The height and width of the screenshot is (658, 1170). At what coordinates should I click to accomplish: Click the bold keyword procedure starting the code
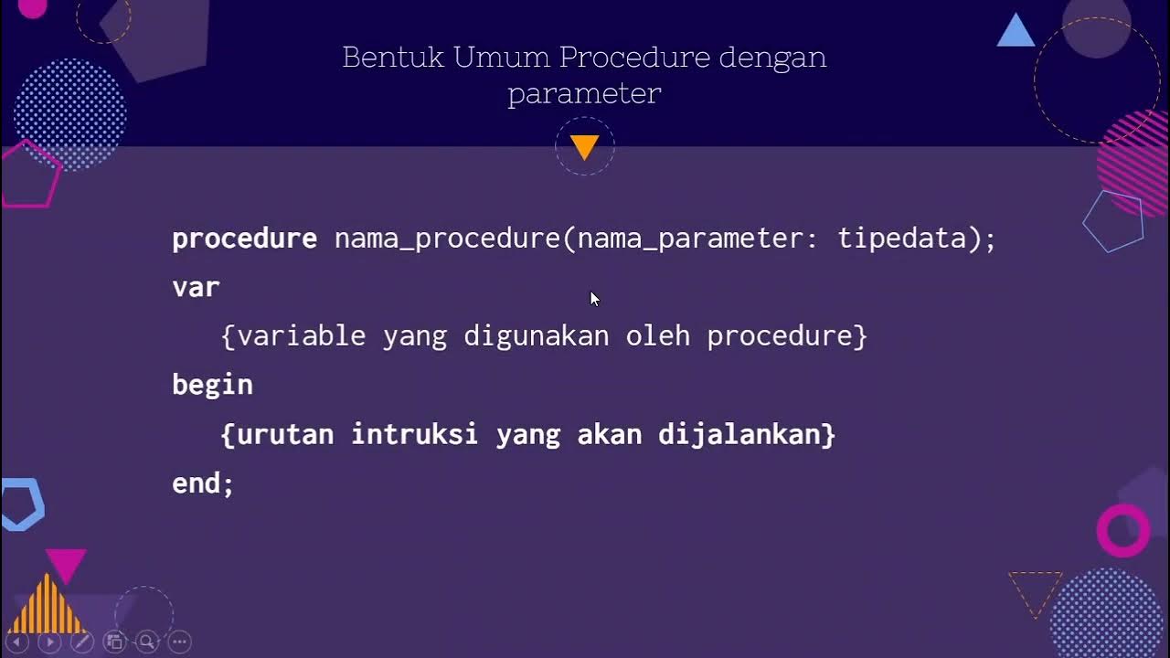coord(244,239)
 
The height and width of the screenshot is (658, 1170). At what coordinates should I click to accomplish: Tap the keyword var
coord(196,288)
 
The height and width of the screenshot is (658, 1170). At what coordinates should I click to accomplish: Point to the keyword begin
coord(212,386)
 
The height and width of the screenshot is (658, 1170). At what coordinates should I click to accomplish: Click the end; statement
coord(203,483)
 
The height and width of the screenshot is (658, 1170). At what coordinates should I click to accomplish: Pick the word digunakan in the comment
coord(536,336)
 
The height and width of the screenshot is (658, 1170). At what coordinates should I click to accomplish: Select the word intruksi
coord(414,434)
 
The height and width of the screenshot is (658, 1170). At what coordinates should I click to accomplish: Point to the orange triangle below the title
coord(584,145)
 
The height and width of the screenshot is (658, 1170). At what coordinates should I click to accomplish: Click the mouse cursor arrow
coord(594,299)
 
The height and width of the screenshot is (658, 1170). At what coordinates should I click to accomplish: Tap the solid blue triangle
coord(1016,32)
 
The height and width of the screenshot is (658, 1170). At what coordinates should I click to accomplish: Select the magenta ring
coord(1122,530)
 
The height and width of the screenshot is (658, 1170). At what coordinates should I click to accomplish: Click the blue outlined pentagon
coord(1113,221)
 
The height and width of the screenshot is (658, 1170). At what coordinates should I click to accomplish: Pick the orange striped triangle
coord(48,605)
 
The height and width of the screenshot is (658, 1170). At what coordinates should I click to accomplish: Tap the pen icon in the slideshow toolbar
coord(81,642)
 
